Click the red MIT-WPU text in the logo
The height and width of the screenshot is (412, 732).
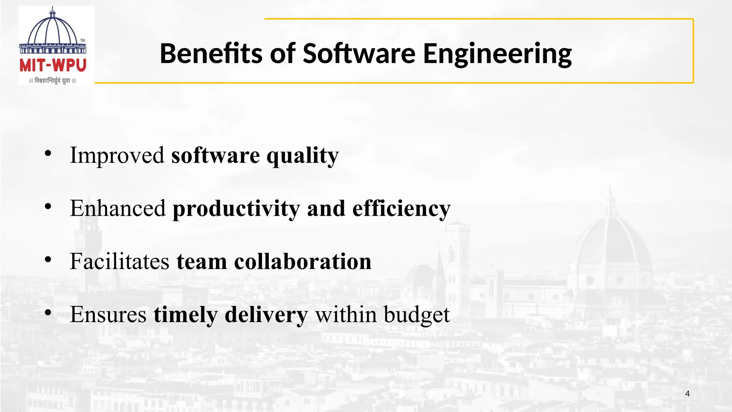53,66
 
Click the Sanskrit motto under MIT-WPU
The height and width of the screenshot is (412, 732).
53,81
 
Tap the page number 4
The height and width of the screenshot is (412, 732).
687,394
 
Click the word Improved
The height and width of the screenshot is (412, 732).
117,155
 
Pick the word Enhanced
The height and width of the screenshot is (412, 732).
118,208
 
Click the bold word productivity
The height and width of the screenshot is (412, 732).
236,209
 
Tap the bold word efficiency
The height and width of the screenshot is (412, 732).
401,209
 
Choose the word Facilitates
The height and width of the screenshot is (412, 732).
119,261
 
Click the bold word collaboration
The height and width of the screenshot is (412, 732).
303,261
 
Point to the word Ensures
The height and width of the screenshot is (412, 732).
108,315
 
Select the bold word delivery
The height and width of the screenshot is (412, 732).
266,315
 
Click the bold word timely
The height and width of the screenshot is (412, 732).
186,315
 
